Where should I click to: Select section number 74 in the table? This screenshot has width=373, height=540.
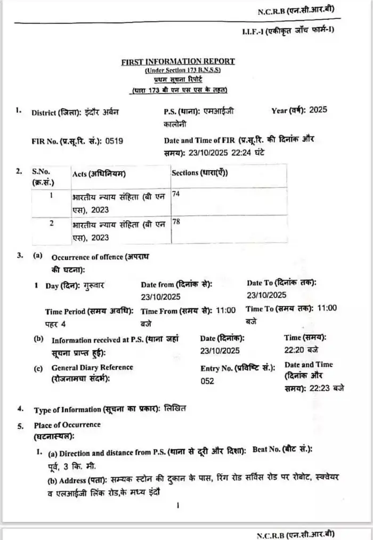pos(176,195)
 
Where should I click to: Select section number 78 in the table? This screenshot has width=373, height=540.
pos(176,221)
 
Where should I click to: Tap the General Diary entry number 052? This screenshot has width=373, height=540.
pos(207,381)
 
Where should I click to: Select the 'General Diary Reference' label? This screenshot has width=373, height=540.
pos(92,367)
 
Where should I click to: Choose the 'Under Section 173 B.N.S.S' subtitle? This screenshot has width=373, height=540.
pos(182,70)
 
